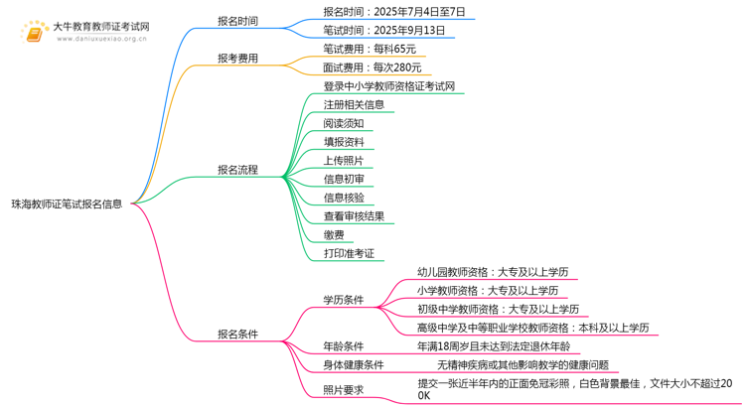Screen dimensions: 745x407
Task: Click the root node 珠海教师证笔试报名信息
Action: [x=67, y=204]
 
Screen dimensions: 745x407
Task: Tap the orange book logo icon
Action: [x=34, y=33]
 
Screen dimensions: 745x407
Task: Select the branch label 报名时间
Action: [x=237, y=21]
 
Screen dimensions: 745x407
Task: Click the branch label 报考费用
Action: [x=237, y=58]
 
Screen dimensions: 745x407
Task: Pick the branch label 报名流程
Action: [x=237, y=170]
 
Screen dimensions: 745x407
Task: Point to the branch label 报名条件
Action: [x=237, y=334]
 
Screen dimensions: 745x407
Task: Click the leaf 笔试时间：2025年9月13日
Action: [x=383, y=31]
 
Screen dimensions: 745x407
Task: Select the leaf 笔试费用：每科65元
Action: [x=370, y=49]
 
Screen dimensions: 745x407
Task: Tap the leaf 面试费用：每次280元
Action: [x=372, y=68]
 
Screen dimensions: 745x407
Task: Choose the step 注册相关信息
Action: [x=354, y=104]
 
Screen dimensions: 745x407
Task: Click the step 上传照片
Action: [x=344, y=161]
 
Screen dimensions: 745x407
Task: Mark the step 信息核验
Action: [x=344, y=198]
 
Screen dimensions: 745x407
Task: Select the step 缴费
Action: [x=334, y=234]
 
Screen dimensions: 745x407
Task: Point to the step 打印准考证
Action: [x=349, y=253]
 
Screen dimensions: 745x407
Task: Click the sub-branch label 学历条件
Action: [x=343, y=300]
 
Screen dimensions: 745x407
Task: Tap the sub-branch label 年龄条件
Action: [x=343, y=346]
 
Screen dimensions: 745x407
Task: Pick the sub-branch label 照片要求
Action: [x=343, y=390]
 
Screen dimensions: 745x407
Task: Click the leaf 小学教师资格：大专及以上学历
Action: [x=488, y=291]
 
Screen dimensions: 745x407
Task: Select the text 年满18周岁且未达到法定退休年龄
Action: [x=494, y=346]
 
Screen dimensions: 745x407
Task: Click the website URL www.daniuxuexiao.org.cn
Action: [x=101, y=39]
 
